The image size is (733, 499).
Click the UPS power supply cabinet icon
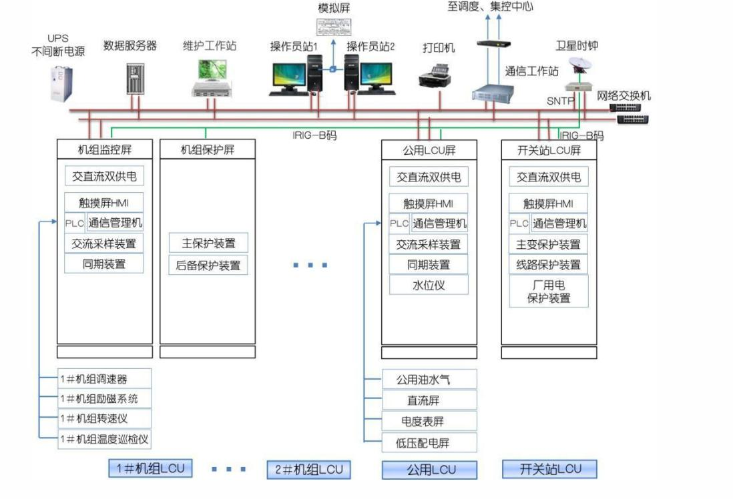point(61,83)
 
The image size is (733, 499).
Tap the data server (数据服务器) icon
point(135,79)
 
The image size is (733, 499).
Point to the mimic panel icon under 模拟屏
point(334,27)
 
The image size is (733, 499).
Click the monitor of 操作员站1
point(289,77)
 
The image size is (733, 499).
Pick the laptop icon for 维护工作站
point(212,78)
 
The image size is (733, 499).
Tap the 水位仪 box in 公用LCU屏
point(429,285)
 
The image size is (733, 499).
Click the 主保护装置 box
point(208,243)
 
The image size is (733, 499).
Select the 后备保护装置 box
point(208,265)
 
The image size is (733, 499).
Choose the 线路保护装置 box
point(548,264)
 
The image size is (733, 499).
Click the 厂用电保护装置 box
point(548,291)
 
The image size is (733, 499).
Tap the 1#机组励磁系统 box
point(105,398)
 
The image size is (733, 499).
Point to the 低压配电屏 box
point(430,442)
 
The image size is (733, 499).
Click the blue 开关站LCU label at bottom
point(550,469)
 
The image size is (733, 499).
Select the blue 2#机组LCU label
point(309,470)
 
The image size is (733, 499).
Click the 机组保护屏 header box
point(208,149)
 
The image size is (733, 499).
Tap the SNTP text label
point(560,101)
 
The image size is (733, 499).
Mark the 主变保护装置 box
point(548,244)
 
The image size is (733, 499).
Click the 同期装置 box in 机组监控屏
point(103,264)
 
